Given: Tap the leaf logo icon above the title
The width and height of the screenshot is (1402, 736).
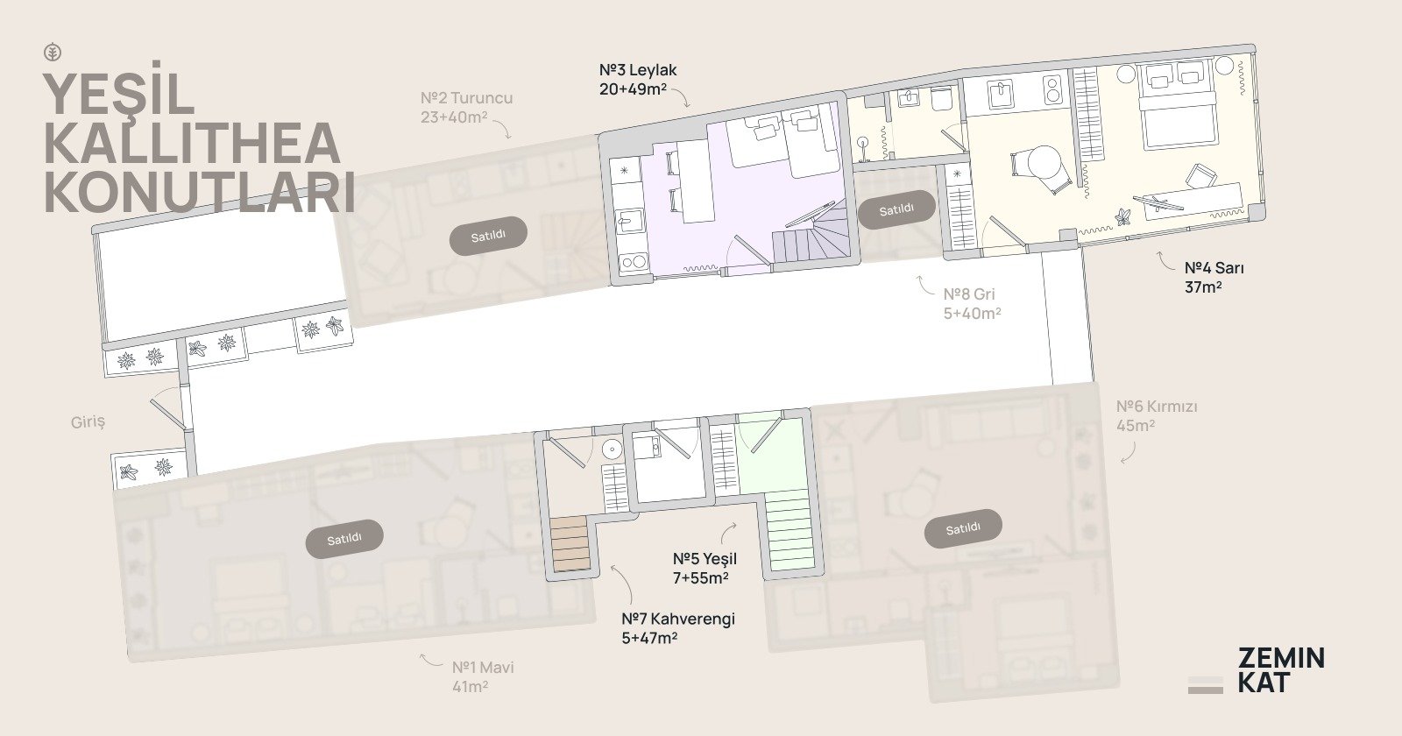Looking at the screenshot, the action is point(53,53).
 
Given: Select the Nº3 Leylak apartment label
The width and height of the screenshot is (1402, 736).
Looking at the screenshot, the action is point(638,80).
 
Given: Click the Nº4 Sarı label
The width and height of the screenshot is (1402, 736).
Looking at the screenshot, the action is point(1214,277).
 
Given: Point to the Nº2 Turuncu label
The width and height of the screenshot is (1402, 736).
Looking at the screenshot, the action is point(466,107).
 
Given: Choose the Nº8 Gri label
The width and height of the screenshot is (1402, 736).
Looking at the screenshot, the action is point(972,303).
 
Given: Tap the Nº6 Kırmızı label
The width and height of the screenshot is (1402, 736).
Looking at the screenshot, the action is point(1157,415).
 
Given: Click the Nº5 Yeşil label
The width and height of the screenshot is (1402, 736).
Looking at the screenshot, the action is point(705,569).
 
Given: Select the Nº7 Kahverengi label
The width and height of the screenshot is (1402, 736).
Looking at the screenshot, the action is point(678,628).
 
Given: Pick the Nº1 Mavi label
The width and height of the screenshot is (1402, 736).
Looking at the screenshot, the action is point(483,676).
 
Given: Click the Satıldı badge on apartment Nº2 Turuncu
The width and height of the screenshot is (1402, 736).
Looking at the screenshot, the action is point(488,236).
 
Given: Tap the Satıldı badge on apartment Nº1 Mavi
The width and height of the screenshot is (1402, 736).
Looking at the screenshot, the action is point(344,538).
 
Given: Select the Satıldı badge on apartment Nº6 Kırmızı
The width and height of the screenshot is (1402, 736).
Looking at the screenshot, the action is point(963,529).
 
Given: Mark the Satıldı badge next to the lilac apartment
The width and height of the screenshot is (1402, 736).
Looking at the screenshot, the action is point(896,209).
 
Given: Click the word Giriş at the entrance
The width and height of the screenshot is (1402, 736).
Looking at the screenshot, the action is point(88,422).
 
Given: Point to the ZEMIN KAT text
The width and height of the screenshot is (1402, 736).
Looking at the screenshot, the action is point(1280,669).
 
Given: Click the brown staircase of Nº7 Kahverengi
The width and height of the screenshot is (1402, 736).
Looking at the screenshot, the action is point(570,542).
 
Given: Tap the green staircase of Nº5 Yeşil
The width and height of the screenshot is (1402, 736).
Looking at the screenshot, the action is point(790,529).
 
